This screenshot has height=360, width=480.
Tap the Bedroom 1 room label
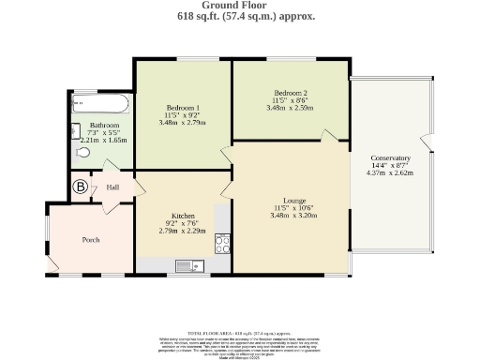(184, 106)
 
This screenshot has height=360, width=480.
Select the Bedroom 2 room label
(291, 93)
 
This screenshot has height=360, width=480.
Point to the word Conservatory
(390, 157)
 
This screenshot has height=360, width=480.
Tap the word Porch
(91, 240)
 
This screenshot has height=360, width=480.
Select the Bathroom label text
(104, 125)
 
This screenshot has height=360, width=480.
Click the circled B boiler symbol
(81, 187)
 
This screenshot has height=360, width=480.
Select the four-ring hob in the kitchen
(223, 244)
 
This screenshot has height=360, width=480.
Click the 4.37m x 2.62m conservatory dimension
(390, 173)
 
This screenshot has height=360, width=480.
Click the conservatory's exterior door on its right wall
(429, 143)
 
